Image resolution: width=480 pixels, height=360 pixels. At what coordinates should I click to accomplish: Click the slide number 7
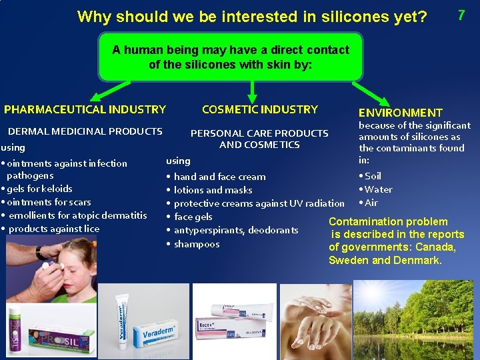click(x=461, y=14)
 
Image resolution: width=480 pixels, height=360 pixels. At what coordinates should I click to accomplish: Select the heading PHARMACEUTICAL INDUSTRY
click(x=85, y=109)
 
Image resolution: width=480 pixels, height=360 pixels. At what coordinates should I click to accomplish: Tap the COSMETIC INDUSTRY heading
click(x=260, y=109)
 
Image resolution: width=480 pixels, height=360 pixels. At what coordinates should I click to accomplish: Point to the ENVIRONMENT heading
click(x=400, y=113)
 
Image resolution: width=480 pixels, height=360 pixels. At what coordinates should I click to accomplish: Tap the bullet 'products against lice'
click(x=54, y=229)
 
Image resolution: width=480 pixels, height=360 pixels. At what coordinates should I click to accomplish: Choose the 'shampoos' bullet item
click(x=197, y=244)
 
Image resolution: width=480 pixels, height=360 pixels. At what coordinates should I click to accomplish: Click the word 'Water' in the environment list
click(x=378, y=189)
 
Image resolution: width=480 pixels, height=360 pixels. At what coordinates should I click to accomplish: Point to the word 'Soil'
click(x=373, y=176)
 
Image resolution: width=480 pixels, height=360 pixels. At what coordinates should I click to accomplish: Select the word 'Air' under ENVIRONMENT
click(x=371, y=203)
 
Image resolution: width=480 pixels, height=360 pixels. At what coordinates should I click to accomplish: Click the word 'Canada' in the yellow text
click(x=433, y=247)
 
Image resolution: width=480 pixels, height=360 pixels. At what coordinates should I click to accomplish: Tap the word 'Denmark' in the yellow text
click(x=417, y=260)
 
